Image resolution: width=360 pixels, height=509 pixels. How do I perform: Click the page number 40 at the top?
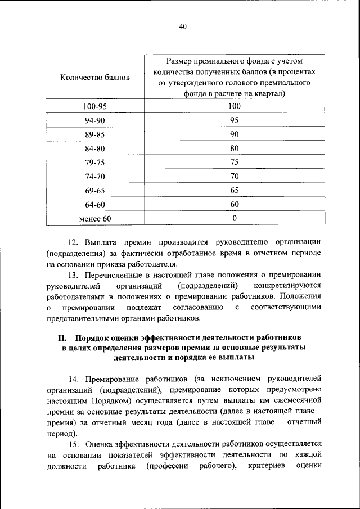[182, 26]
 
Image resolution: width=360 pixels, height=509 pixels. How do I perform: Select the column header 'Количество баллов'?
[94, 77]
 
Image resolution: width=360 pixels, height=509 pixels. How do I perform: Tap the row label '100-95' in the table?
[94, 106]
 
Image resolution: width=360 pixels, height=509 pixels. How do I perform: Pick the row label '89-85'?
[94, 134]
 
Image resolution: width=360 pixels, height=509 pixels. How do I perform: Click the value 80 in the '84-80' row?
[235, 148]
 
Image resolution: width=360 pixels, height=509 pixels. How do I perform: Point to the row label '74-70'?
[94, 176]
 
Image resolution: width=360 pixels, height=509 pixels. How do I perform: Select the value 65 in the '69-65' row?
[235, 190]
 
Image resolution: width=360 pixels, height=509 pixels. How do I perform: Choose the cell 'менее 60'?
[95, 218]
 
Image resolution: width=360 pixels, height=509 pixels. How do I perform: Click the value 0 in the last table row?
[235, 218]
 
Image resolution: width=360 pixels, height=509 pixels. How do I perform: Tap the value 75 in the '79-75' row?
[235, 162]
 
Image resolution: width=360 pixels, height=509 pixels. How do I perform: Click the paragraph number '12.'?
[74, 242]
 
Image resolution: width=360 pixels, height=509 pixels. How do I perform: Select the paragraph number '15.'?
[74, 444]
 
